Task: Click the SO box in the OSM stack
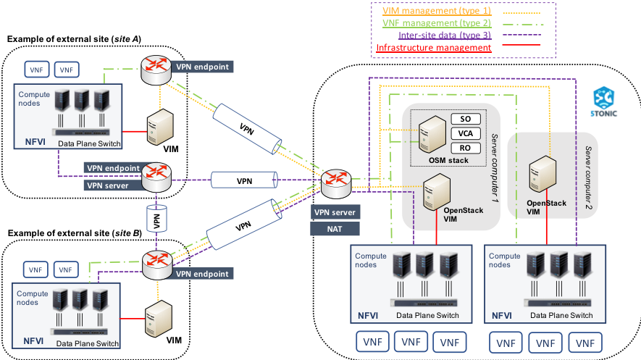click(x=466, y=119)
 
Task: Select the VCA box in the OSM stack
click(x=466, y=133)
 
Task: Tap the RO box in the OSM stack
click(x=466, y=148)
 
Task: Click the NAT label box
click(x=335, y=228)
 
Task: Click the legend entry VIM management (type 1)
click(x=425, y=11)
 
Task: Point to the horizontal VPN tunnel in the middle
click(x=244, y=180)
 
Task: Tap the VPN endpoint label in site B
click(x=202, y=274)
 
